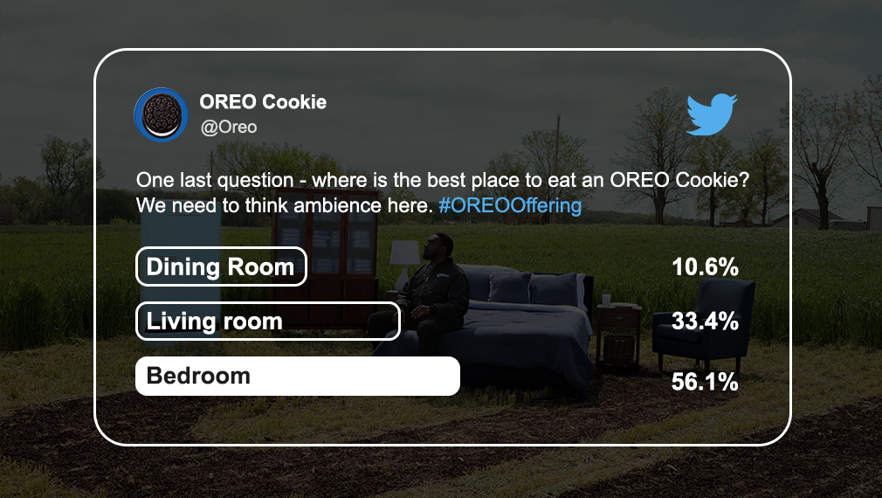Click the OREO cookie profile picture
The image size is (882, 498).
pyautogui.click(x=161, y=114)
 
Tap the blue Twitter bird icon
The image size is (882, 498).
pyautogui.click(x=712, y=114)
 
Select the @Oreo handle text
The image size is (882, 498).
pyautogui.click(x=229, y=128)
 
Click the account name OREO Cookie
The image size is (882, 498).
pyautogui.click(x=263, y=102)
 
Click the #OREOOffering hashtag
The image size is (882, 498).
pyautogui.click(x=510, y=205)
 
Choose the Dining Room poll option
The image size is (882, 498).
pyautogui.click(x=221, y=266)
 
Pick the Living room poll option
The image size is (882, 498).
pyautogui.click(x=268, y=322)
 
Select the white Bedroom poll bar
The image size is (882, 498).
pyautogui.click(x=298, y=376)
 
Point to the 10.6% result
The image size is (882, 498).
pyautogui.click(x=705, y=266)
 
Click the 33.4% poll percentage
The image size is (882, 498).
pyautogui.click(x=705, y=322)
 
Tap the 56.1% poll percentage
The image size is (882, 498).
pyautogui.click(x=705, y=382)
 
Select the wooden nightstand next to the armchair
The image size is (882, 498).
pyautogui.click(x=619, y=335)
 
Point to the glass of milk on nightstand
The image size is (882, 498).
pyautogui.click(x=606, y=298)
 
